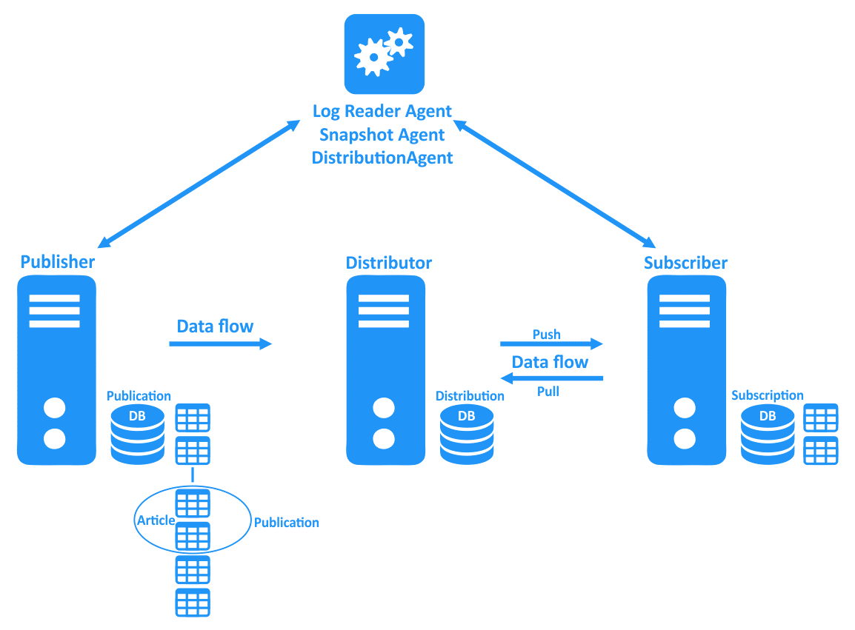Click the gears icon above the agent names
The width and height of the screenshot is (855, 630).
pos(384,54)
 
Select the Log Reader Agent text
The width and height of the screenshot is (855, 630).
pos(382,111)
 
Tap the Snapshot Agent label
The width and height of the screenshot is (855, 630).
pos(382,135)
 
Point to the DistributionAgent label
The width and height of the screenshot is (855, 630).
pos(382,158)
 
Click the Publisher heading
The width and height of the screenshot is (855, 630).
pos(58,262)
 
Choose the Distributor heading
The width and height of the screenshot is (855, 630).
pos(388,263)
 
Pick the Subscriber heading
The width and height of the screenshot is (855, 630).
pos(685,263)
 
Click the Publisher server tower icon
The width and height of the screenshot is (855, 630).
pos(56,370)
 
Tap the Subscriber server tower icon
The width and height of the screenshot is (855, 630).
pos(685,370)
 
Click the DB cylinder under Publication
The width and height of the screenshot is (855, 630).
pos(137,434)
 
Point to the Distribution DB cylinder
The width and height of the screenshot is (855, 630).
pos(466,434)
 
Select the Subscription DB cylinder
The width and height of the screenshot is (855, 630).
pos(768,434)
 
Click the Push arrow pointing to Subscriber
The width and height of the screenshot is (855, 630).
pos(551,344)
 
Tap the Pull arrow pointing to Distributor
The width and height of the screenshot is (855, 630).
pos(551,378)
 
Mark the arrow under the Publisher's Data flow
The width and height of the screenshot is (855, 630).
pos(220,344)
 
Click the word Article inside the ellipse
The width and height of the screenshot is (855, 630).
pos(156,520)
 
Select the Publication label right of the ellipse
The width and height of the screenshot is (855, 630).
pos(286,523)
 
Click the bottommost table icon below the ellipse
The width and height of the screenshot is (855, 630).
pos(193,603)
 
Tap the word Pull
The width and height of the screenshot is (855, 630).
pos(548,392)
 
